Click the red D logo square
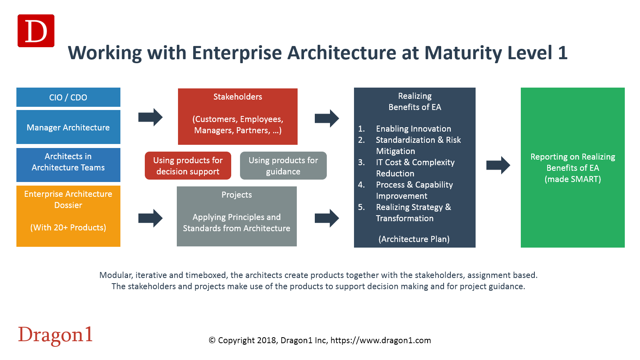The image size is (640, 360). tap(36, 31)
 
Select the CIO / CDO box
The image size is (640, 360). tap(68, 97)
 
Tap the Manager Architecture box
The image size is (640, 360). tap(68, 127)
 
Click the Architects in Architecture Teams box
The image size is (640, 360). tap(68, 165)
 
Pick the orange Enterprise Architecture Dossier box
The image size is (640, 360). tap(68, 216)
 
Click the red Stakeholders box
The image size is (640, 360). tap(238, 116)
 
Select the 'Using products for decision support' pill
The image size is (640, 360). tap(188, 166)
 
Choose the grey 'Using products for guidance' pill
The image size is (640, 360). tap(283, 166)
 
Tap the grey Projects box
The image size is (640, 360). tap(237, 216)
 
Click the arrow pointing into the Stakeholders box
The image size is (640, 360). tap(150, 117)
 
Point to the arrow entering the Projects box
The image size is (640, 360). tap(150, 218)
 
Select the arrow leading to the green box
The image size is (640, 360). tap(498, 165)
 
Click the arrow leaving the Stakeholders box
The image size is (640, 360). tap(327, 118)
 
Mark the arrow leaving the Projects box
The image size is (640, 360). tap(327, 218)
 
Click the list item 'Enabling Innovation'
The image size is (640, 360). tap(414, 129)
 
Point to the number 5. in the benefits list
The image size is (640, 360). tap(362, 207)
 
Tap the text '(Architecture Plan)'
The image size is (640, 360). tap(414, 239)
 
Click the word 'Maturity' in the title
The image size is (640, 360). tap(463, 53)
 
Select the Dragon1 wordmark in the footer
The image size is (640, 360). tap(56, 335)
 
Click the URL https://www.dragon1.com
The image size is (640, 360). tap(380, 340)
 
